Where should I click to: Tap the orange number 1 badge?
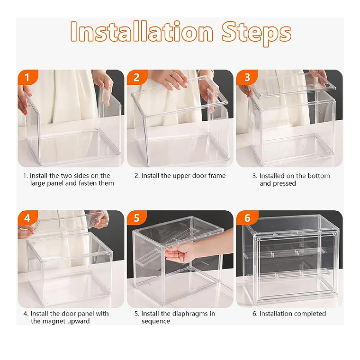click(x=27, y=77)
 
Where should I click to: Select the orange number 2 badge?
click(x=137, y=77)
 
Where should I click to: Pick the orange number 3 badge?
click(x=247, y=77)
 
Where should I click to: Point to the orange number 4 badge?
click(x=27, y=217)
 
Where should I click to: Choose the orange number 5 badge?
click(x=137, y=217)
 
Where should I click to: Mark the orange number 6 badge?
click(x=247, y=217)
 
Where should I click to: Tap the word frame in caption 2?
click(x=217, y=176)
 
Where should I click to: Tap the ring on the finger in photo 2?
click(x=172, y=73)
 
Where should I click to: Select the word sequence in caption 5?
click(x=156, y=322)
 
